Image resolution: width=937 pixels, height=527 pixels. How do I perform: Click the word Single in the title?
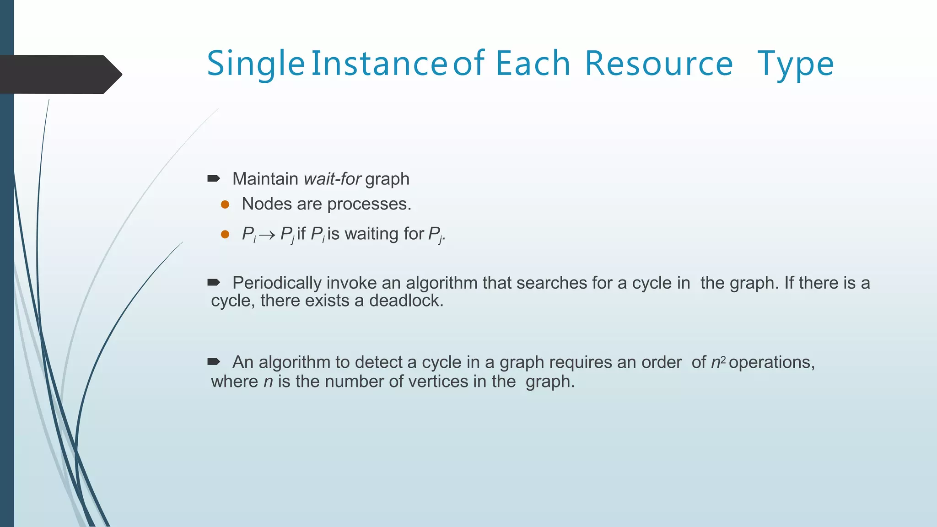pos(256,64)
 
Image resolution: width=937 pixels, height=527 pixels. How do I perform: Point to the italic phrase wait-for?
pos(333,179)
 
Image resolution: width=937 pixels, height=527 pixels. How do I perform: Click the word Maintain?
pos(265,179)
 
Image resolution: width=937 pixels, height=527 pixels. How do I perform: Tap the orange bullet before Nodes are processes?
pos(225,204)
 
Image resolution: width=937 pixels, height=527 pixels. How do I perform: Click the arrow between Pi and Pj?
pos(267,235)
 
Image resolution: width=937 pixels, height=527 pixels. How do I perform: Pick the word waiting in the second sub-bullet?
pos(371,234)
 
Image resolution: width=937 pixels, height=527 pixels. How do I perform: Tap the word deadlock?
pos(406,301)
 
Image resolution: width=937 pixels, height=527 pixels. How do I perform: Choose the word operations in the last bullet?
pos(771,362)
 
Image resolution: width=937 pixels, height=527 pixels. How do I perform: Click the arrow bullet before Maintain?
pos(214,178)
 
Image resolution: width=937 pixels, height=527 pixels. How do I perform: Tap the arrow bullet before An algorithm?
pos(214,362)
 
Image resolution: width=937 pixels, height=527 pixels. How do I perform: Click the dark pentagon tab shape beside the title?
pos(59,75)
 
